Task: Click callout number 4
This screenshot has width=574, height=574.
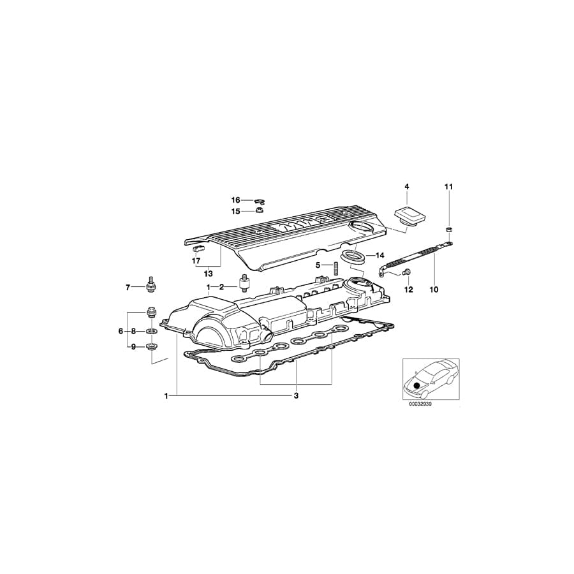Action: [x=406, y=186]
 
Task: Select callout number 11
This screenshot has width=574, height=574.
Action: [x=448, y=186]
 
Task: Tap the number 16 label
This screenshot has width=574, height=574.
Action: [x=236, y=200]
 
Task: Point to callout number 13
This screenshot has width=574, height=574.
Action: [x=208, y=274]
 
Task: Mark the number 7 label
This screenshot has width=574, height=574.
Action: [x=128, y=288]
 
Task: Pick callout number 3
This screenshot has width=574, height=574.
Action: [x=296, y=395]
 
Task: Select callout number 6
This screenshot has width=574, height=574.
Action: [x=120, y=331]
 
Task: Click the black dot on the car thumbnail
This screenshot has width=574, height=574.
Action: [x=417, y=385]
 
